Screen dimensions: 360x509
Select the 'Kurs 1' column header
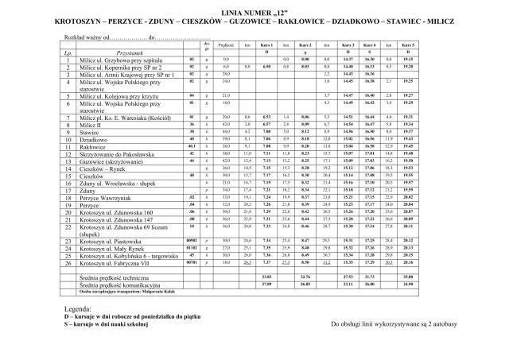(x=267, y=47)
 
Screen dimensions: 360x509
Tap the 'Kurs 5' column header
(x=408, y=47)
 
